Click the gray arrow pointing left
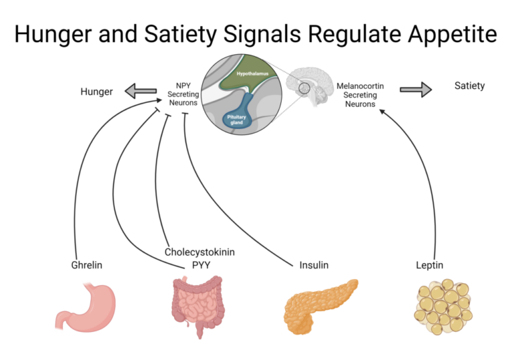(141, 90)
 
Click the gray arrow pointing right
(416, 90)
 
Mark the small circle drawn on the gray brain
(305, 88)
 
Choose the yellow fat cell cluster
(443, 307)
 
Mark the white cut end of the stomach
(60, 328)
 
